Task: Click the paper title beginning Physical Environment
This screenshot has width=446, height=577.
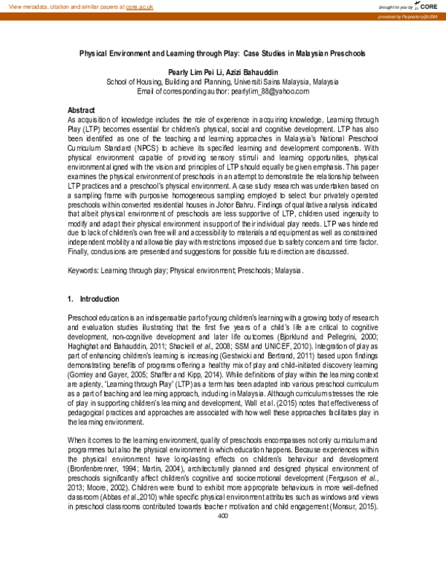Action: coord(223,54)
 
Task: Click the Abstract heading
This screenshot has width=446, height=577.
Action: coord(81,109)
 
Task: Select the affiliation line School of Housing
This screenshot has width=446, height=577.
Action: coord(223,82)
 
